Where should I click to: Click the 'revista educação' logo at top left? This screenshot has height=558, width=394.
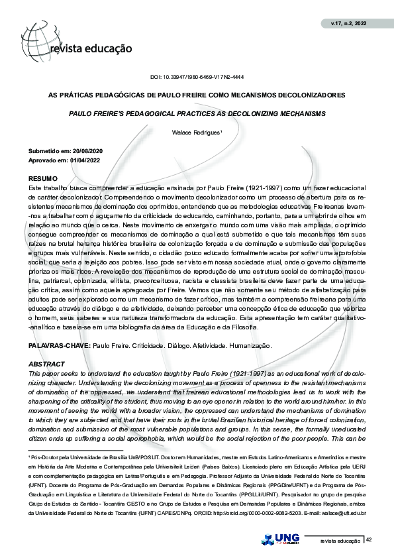point(89,48)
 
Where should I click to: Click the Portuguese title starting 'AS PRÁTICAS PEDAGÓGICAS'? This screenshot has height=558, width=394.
point(197,95)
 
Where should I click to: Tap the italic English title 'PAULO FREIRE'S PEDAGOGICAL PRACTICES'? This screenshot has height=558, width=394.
point(197,114)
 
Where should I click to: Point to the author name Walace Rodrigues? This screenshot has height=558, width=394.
point(197,133)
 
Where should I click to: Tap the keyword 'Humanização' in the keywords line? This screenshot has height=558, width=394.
point(249,346)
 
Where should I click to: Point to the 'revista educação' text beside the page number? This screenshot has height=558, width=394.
point(340,541)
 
